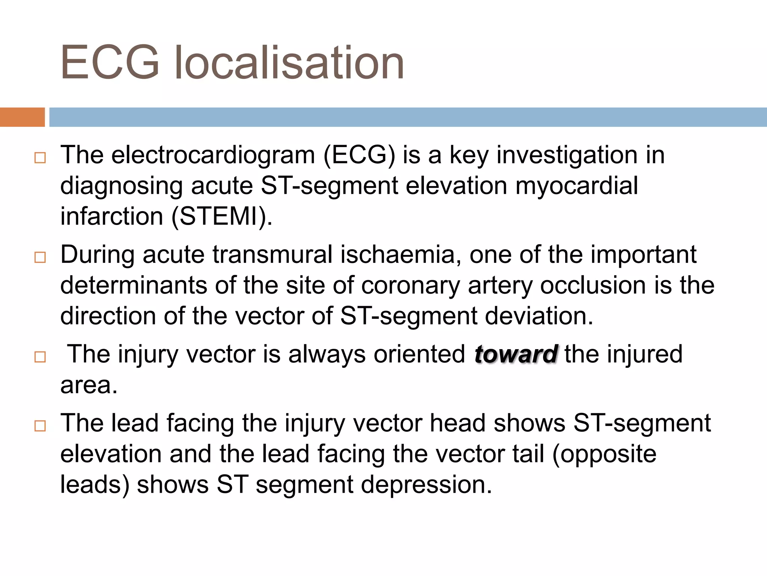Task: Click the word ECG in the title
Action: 110,62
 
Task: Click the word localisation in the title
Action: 289,62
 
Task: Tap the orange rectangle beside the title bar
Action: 22,117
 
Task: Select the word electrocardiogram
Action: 213,155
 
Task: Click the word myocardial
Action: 576,186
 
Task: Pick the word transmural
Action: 273,255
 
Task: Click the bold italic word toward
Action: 516,354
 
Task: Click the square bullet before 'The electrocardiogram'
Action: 40,158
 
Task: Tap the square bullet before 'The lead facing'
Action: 40,426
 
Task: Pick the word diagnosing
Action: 122,186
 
